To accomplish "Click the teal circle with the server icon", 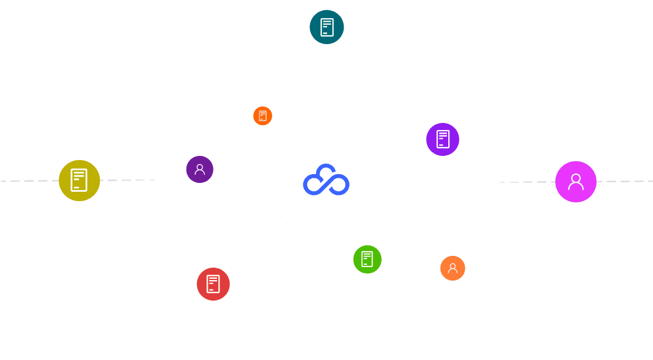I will point(326,27).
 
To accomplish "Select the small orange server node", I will point(262,116).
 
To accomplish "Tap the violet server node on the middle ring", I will point(442,139).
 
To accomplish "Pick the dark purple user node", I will point(199,169).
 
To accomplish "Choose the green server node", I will point(367,259).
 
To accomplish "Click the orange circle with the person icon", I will point(452,268).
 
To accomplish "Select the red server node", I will point(213,284).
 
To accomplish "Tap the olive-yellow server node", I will point(79,181).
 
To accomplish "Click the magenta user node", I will point(575,182).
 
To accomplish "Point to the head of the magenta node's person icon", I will point(575,178).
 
